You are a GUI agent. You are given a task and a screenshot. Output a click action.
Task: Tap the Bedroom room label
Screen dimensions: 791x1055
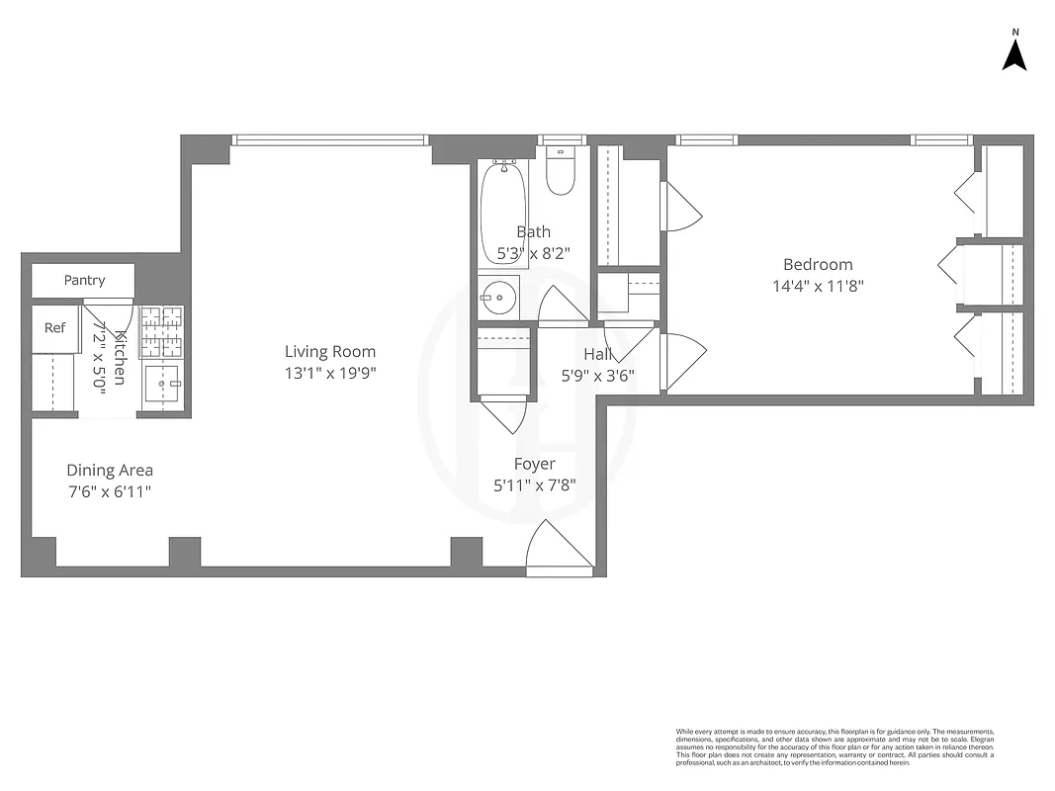pyautogui.click(x=817, y=264)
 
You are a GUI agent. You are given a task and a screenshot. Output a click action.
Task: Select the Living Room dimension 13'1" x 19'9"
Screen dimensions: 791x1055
pyautogui.click(x=330, y=373)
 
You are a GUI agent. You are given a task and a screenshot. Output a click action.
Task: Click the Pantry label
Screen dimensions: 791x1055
pyautogui.click(x=84, y=280)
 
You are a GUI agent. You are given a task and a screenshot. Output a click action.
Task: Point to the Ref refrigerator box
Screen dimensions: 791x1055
pyautogui.click(x=54, y=327)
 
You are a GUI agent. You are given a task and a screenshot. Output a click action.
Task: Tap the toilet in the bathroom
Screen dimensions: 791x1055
pyautogui.click(x=561, y=172)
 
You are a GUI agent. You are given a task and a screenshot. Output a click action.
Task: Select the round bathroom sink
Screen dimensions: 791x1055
pyautogui.click(x=500, y=296)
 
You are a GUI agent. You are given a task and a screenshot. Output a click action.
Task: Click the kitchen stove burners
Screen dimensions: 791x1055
pyautogui.click(x=161, y=332)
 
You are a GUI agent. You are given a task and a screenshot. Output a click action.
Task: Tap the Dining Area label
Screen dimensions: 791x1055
pyautogui.click(x=110, y=471)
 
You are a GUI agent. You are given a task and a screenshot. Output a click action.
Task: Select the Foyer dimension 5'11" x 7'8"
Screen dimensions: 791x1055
pyautogui.click(x=535, y=484)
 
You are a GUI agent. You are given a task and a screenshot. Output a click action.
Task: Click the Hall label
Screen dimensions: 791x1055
pyautogui.click(x=597, y=354)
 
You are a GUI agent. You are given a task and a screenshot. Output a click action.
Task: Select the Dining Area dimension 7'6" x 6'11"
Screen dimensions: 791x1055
pyautogui.click(x=109, y=491)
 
